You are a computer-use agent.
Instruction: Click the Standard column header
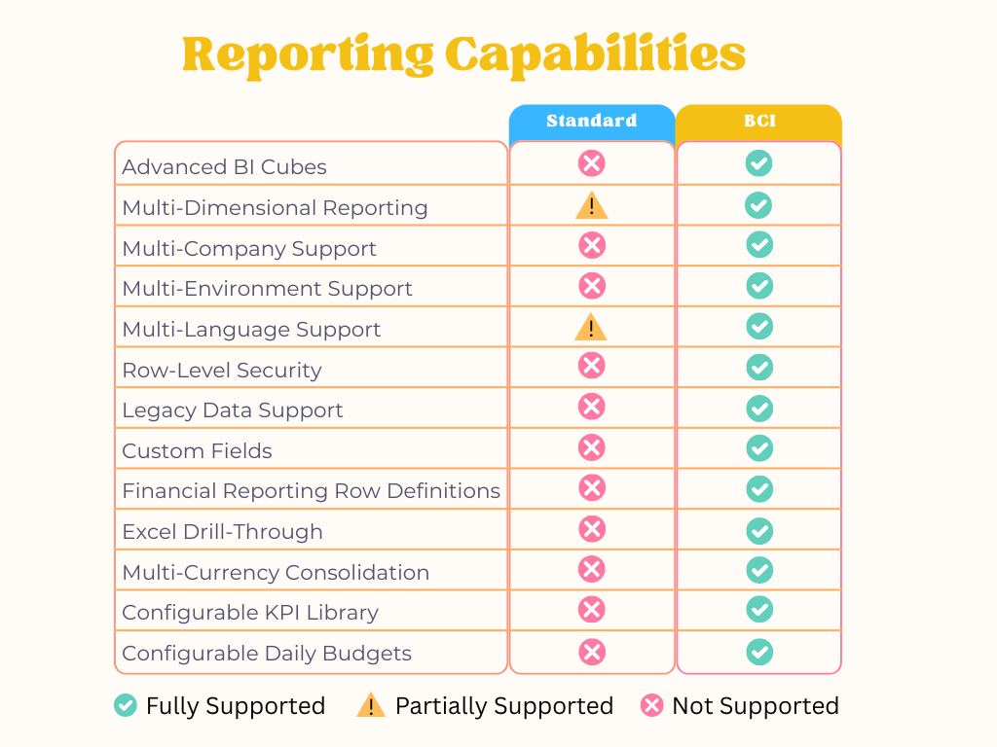point(592,122)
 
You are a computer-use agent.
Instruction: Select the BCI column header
point(758,122)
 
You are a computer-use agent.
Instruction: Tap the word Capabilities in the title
point(596,54)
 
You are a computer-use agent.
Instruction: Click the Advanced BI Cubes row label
point(224,167)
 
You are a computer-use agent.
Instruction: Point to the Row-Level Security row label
point(221,371)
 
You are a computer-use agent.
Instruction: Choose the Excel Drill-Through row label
point(222,532)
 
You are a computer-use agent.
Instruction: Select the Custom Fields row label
point(197,451)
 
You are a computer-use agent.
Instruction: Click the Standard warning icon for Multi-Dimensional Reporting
point(591,206)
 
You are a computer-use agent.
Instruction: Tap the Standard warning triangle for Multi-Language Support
point(591,328)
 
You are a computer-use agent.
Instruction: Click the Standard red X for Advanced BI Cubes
point(592,163)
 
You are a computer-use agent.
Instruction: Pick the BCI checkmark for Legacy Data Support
point(759,408)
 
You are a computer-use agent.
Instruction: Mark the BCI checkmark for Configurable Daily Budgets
point(759,652)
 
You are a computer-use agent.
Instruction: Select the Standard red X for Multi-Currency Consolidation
point(592,570)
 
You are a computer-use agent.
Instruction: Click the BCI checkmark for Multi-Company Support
point(759,245)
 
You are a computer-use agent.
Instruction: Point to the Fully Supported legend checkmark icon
point(126,705)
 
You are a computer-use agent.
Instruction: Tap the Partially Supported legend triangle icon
point(371,705)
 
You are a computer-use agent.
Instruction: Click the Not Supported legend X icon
point(652,705)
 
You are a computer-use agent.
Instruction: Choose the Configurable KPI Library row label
point(250,613)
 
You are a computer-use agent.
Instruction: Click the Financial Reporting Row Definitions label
point(311,491)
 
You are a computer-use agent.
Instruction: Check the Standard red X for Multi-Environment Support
point(592,286)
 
